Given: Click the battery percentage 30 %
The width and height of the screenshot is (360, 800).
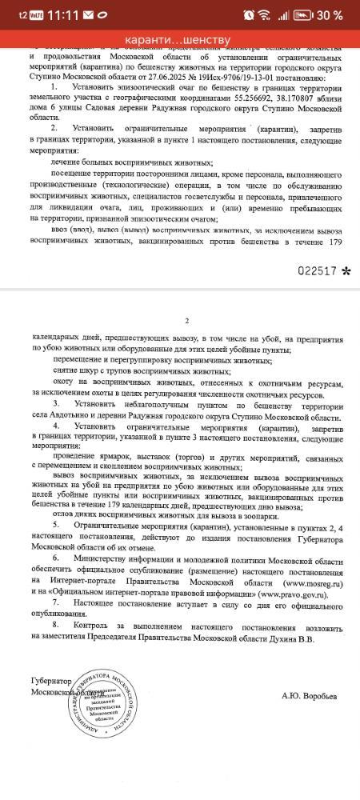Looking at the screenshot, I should [x=329, y=15].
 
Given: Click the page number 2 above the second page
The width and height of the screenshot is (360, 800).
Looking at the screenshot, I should [x=185, y=321].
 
